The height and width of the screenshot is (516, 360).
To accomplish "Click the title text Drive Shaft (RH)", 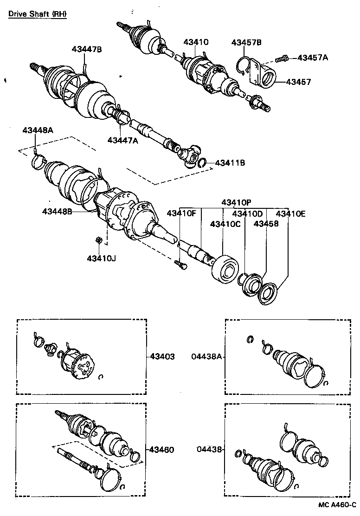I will pyautogui.click(x=37, y=14).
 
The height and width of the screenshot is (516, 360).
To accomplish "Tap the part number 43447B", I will pyautogui.click(x=87, y=49).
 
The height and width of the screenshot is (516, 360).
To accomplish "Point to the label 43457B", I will pyautogui.click(x=246, y=43).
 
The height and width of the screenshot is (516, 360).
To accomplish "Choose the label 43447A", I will pyautogui.click(x=123, y=140).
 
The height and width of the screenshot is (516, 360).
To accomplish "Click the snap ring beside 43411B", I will pyautogui.click(x=202, y=162).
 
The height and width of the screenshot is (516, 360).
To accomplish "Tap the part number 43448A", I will pyautogui.click(x=38, y=130).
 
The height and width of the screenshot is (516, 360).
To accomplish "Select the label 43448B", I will pyautogui.click(x=57, y=212).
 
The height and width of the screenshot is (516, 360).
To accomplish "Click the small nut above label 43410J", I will pyautogui.click(x=98, y=240).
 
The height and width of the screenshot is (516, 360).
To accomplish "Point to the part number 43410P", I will pyautogui.click(x=236, y=202).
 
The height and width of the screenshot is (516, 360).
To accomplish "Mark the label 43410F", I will pyautogui.click(x=181, y=213).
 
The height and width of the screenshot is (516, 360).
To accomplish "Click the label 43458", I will pyautogui.click(x=266, y=224).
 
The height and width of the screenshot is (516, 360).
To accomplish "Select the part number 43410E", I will pyautogui.click(x=291, y=213).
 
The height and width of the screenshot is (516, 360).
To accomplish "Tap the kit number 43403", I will pyautogui.click(x=162, y=357).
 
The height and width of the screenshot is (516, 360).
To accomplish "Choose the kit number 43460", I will pyautogui.click(x=162, y=450).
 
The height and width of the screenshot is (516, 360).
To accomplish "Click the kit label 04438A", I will pyautogui.click(x=207, y=357).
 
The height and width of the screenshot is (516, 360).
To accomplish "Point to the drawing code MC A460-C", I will pyautogui.click(x=337, y=504).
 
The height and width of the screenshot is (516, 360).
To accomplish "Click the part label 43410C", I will pyautogui.click(x=225, y=224).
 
